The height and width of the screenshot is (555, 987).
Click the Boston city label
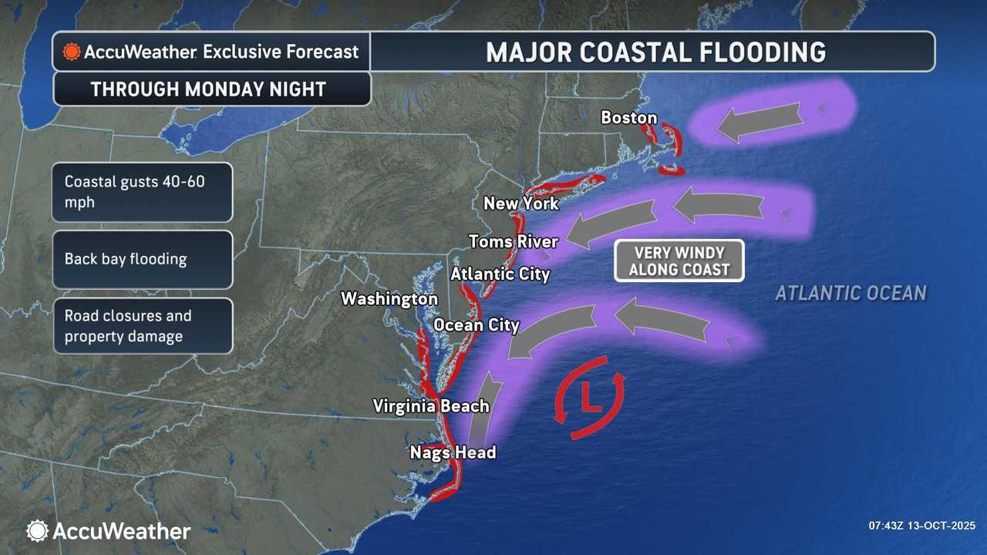628,118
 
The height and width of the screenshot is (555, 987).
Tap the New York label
520,203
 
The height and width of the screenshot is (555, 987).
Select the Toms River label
513,241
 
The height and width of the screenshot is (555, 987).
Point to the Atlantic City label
500,274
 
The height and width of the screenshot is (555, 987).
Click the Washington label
389,298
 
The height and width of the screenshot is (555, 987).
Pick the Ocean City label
477,325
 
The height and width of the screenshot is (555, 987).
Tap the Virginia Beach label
430,405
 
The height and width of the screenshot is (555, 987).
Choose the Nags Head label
453,452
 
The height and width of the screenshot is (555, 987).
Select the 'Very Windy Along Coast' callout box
679,261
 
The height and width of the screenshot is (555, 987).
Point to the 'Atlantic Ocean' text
851,293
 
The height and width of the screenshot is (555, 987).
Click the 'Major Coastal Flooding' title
655,52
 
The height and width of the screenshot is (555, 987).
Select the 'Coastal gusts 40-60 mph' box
143,192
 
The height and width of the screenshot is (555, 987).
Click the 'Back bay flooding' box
143,259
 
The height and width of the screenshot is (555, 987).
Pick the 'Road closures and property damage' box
143,325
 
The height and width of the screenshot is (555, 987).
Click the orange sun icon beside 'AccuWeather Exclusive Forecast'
72,52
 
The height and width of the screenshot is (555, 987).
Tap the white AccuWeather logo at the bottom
108,530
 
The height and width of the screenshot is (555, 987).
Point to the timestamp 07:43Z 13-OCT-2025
922,526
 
